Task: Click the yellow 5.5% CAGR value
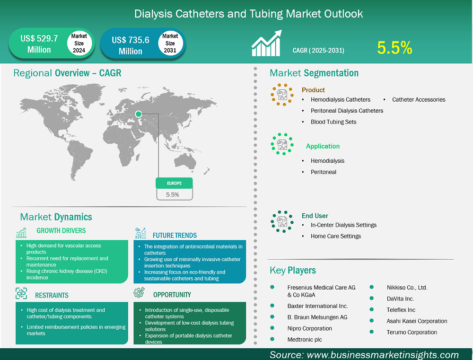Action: (394, 48)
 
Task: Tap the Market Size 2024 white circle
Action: (79, 44)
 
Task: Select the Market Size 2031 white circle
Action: (170, 44)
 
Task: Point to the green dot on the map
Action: (139, 114)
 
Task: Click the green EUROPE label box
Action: (175, 183)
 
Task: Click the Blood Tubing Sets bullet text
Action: (333, 122)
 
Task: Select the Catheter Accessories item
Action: (419, 99)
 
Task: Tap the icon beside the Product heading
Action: (282, 95)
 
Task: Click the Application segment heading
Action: (323, 146)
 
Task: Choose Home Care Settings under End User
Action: (336, 236)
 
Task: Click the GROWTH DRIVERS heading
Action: (61, 231)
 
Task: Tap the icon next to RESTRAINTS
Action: (21, 294)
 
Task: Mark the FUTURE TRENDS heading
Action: (175, 235)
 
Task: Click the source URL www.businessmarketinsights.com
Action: (383, 355)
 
